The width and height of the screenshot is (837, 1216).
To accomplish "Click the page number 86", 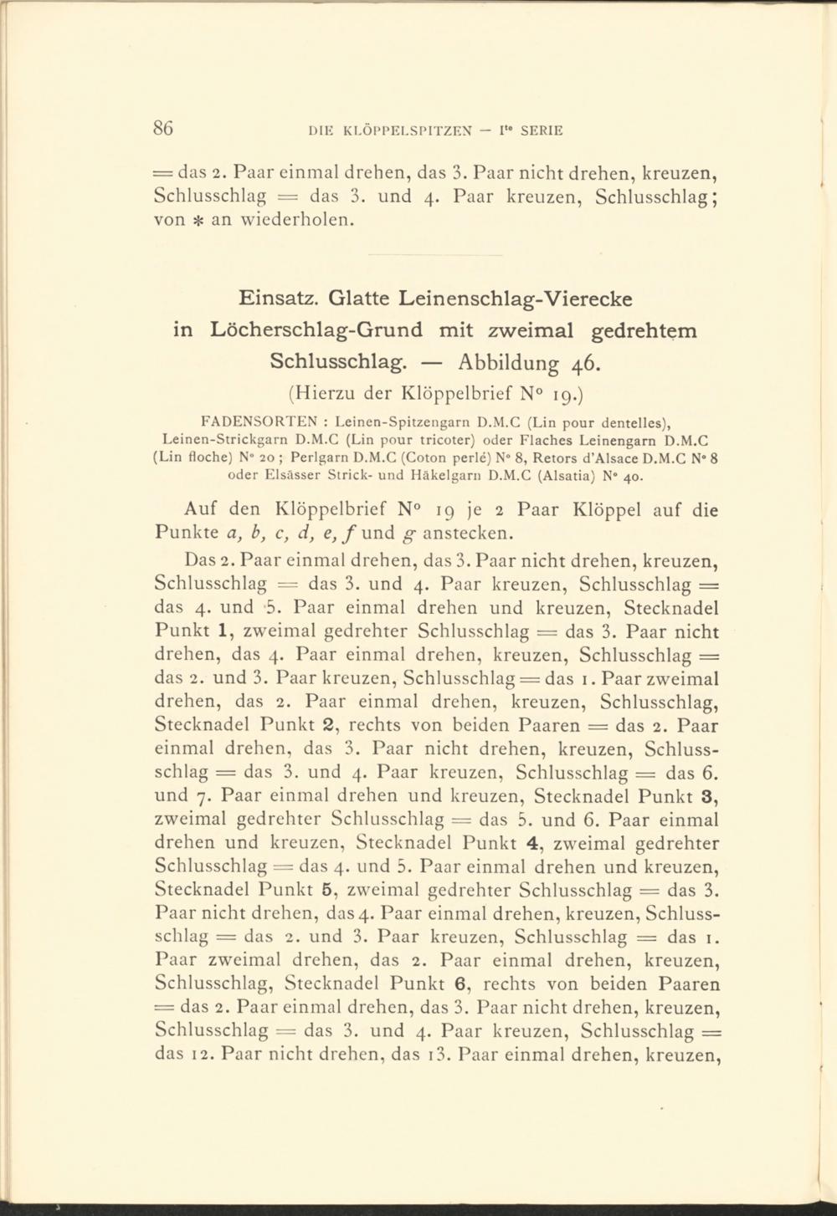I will [162, 128].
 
